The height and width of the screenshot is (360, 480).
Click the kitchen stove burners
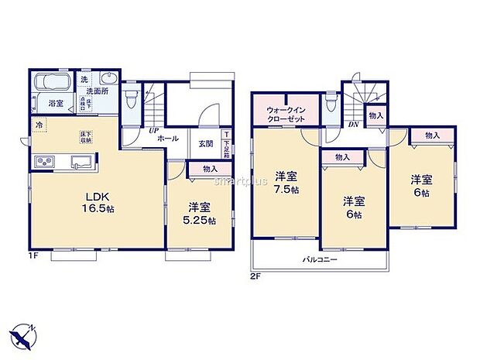[x=43, y=161]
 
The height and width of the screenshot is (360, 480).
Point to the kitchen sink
[x=81, y=161]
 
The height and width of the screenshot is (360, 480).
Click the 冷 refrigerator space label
[x=38, y=124]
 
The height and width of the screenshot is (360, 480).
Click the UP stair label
[x=154, y=130]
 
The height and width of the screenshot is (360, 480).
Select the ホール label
[x=169, y=139]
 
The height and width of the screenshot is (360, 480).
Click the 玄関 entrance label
[x=205, y=144]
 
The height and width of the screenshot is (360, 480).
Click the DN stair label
[x=353, y=124]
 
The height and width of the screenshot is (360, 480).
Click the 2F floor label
[x=255, y=276]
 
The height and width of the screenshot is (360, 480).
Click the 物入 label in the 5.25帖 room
[x=208, y=169]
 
